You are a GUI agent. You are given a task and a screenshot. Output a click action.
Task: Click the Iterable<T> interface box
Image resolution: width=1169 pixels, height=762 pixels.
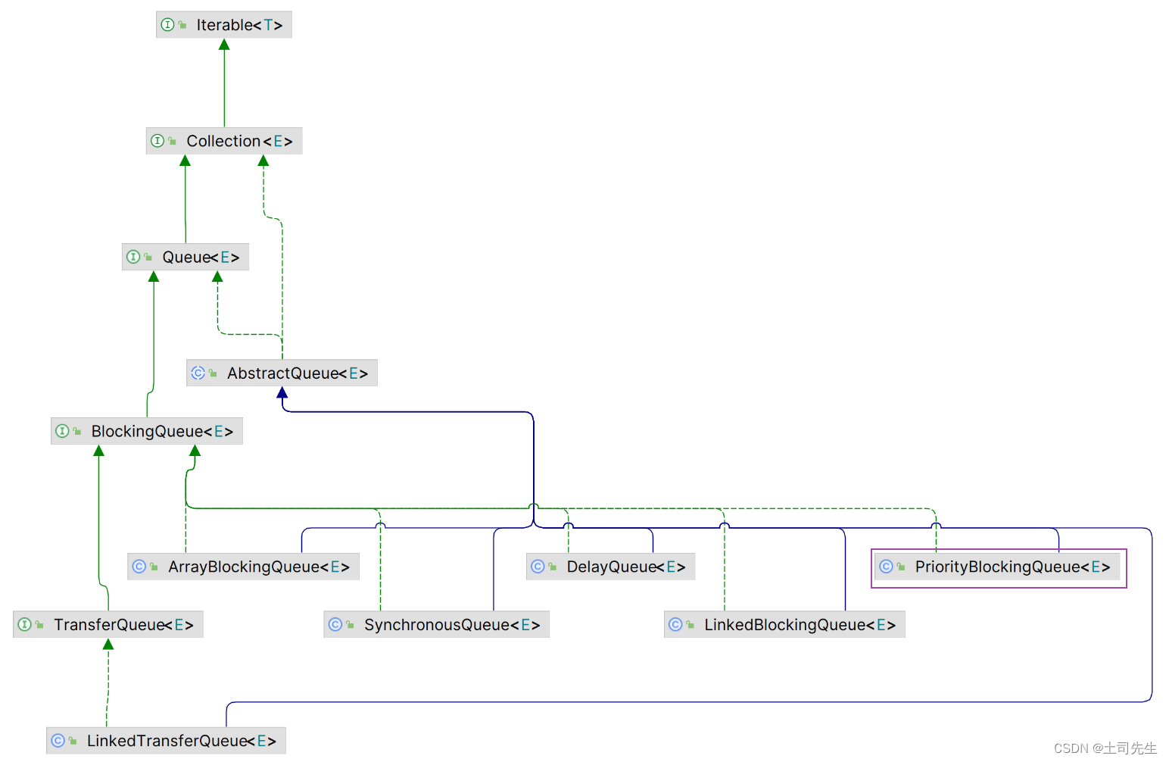(224, 25)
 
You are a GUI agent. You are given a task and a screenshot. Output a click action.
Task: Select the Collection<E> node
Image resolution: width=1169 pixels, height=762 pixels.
(224, 141)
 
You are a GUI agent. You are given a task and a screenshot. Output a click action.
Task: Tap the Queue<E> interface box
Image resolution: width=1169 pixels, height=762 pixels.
(185, 257)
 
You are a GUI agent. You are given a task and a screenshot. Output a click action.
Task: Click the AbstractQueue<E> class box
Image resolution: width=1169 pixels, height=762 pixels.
(282, 373)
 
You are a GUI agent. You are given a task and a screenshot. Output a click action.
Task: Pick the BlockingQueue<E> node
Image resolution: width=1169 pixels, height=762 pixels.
(147, 431)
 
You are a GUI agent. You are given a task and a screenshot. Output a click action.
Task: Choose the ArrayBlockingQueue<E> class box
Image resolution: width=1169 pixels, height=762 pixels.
(243, 567)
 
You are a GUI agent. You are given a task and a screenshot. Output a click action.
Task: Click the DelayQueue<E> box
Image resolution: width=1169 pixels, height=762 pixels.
(610, 567)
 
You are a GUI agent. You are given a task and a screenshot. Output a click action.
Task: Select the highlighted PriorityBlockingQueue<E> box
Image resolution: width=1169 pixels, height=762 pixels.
(998, 567)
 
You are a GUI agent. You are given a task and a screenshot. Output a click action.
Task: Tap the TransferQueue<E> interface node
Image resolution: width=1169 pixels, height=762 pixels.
(108, 625)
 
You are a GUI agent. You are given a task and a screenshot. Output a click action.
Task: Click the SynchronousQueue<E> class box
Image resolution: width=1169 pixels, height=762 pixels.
(436, 625)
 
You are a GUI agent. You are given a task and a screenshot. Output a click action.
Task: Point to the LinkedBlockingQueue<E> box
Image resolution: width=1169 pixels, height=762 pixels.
(784, 625)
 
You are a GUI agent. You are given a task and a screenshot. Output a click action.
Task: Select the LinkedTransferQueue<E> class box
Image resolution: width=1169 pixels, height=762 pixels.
(166, 741)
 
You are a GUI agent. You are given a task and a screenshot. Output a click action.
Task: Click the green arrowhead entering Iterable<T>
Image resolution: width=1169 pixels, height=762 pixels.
(224, 45)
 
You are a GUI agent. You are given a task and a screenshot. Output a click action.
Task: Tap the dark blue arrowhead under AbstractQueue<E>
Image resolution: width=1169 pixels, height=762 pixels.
(282, 392)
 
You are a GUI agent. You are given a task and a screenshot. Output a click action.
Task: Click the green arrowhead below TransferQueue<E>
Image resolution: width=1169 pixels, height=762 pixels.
(108, 645)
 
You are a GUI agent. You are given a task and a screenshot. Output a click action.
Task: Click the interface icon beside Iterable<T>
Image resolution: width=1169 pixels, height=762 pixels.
(168, 25)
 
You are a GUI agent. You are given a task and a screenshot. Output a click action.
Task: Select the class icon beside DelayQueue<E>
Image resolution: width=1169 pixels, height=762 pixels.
(538, 567)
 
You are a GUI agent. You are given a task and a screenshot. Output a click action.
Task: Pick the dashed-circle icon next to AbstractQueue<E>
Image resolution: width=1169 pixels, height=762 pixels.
(198, 373)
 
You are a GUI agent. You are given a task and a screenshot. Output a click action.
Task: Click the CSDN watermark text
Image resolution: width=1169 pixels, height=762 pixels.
(1105, 748)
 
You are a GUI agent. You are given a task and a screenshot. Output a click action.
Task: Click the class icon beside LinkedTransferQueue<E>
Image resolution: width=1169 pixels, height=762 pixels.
(58, 741)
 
